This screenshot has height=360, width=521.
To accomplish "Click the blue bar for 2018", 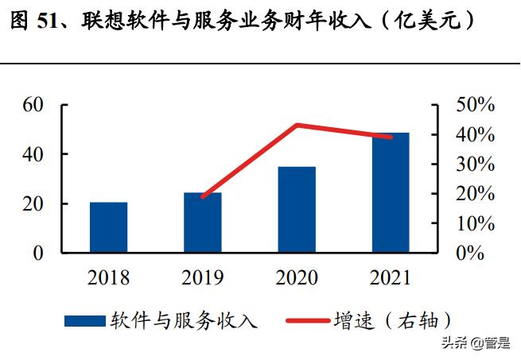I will tap(108, 228).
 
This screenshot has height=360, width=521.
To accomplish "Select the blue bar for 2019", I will tap(203, 223).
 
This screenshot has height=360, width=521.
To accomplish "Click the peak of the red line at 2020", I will tap(296, 125).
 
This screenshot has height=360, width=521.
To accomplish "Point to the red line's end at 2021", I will tap(391, 137).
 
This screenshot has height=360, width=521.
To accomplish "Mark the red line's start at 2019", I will tap(203, 196).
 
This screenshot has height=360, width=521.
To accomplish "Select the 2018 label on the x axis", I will tap(108, 278).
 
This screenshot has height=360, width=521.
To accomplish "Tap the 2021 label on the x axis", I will tap(390, 278).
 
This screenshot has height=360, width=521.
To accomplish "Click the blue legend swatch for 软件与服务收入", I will tap(84, 320).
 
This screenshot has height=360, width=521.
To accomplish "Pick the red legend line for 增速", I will tap(305, 320).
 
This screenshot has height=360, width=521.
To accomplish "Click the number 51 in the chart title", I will tap(49, 22).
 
